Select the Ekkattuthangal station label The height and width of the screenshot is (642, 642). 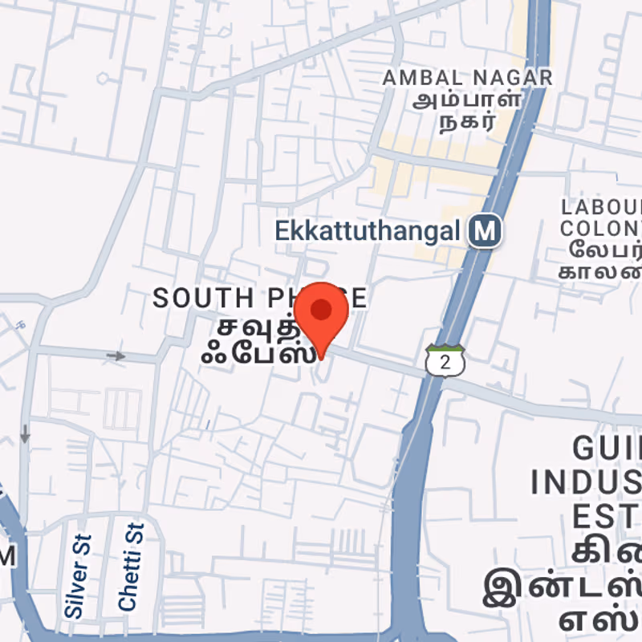368,231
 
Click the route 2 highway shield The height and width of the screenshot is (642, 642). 445,361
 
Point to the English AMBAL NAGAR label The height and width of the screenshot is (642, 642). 468,78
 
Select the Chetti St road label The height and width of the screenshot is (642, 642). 131,567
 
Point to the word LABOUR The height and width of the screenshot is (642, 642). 602,206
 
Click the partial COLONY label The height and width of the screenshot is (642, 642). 602,227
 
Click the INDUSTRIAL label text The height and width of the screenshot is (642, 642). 586,482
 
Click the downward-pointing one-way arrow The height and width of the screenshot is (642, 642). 25,434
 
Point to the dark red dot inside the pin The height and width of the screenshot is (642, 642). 321,310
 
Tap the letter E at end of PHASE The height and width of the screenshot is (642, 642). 359,299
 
